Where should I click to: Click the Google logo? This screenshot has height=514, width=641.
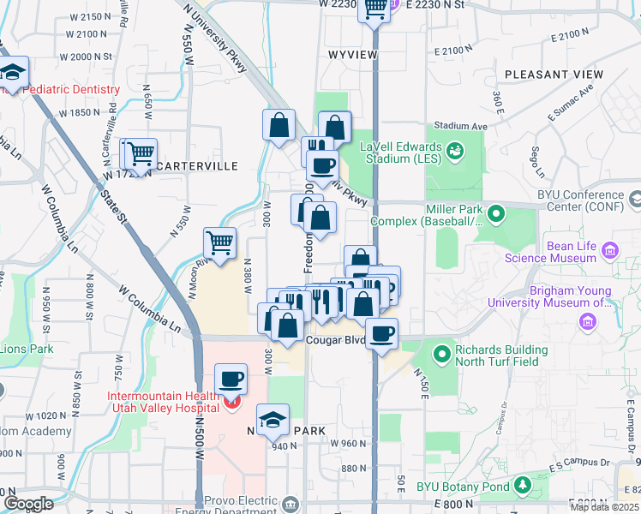(x=28, y=504)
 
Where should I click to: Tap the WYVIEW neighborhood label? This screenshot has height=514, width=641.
(x=353, y=54)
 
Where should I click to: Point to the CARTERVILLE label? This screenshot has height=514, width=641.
(x=192, y=165)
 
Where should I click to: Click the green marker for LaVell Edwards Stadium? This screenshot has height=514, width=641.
(x=454, y=152)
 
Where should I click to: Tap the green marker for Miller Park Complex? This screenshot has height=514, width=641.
(x=494, y=212)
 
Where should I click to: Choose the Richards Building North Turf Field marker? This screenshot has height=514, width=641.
(x=442, y=352)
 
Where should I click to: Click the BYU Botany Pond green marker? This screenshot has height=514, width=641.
(x=523, y=487)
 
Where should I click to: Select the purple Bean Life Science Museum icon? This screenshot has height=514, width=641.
(x=610, y=250)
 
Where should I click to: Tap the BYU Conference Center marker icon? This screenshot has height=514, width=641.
(x=635, y=200)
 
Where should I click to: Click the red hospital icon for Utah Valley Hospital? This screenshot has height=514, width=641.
(x=231, y=401)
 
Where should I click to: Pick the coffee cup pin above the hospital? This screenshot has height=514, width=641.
(x=230, y=379)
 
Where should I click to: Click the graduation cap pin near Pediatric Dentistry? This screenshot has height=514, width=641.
(x=13, y=71)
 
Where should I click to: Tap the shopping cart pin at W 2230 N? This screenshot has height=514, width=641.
(x=374, y=9)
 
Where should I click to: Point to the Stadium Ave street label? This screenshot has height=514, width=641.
(x=460, y=126)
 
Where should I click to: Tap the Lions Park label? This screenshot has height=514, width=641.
(x=26, y=349)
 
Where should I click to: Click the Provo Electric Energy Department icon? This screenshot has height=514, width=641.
(x=292, y=502)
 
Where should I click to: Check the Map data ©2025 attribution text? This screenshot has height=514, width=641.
(x=605, y=507)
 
